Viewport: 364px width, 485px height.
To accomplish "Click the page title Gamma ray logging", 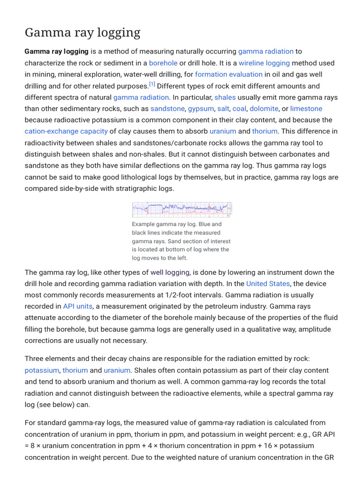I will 82,32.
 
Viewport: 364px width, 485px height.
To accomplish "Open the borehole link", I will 163,63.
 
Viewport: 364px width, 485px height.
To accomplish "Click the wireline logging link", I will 264,63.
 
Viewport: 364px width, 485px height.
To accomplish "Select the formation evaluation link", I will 228,74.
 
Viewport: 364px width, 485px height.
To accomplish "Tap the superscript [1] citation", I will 152,84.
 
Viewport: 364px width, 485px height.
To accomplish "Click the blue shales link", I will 225,97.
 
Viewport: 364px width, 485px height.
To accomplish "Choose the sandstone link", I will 167,108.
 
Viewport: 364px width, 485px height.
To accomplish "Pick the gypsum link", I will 200,108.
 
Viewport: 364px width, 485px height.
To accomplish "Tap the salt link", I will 223,108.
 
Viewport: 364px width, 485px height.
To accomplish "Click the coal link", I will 239,108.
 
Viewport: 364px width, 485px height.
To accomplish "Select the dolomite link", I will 264,108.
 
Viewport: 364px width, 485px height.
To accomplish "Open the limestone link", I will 306,108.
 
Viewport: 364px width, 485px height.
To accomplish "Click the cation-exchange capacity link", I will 66,131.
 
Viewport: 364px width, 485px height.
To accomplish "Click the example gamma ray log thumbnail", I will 182,209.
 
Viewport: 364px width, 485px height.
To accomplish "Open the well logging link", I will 170,272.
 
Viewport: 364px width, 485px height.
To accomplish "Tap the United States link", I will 268,284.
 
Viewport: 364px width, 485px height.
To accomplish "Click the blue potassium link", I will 42,370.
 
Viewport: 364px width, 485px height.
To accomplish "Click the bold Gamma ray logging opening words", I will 56,51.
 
